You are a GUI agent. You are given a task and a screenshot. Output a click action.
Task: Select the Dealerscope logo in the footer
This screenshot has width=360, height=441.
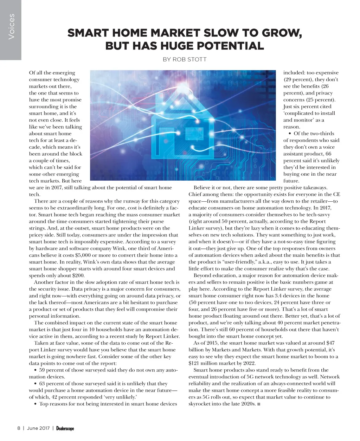[65, 428]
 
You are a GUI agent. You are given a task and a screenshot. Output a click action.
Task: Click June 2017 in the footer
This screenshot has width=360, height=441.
[38, 428]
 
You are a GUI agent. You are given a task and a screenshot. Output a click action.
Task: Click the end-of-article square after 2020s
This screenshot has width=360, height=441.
[259, 404]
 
